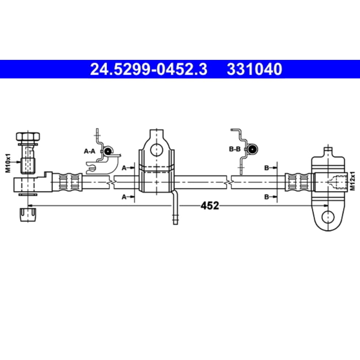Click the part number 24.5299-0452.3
pos(148,69)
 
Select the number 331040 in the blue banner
pos(254,69)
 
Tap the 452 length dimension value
pos(210,205)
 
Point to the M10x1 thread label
pos(8,163)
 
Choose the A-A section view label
pos(89,151)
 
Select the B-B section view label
pos(235,149)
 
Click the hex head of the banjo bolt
pos(28,136)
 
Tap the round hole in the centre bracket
pos(156,150)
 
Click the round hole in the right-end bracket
pos(328,217)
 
